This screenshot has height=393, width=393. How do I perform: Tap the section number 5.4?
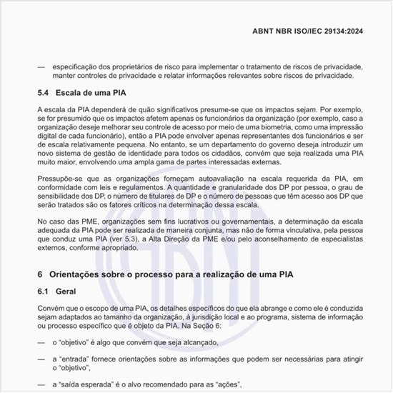[x=45, y=93]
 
